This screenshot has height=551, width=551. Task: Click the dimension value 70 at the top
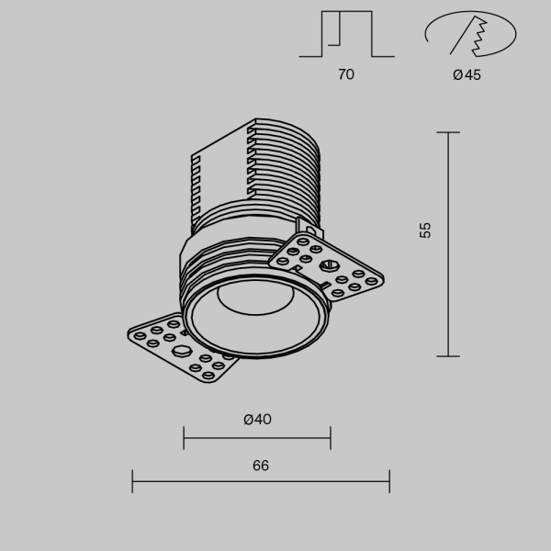345,75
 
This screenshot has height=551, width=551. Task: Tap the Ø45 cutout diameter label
467,75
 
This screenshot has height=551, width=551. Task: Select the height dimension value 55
424,230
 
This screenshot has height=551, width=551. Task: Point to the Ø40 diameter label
257,420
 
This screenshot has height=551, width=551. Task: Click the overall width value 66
261,466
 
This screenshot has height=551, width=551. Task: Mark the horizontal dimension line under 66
261,481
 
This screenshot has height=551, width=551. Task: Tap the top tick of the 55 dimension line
448,133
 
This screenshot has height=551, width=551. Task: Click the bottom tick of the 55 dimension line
448,356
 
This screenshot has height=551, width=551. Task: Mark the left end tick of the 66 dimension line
133,481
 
